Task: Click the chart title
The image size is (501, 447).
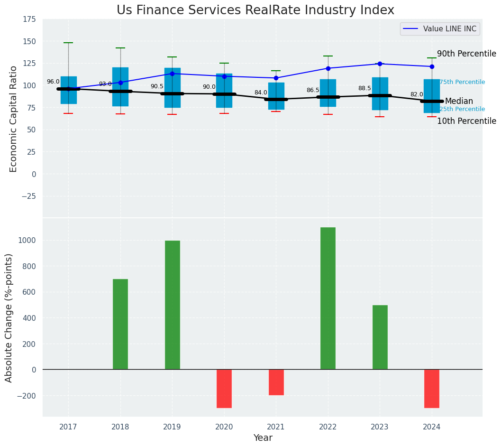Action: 255,10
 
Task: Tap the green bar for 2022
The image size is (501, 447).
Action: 328,298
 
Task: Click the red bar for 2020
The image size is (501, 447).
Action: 224,389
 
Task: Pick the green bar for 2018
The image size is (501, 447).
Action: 120,324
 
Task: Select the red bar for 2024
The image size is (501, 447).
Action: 432,389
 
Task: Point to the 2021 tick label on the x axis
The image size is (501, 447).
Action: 276,427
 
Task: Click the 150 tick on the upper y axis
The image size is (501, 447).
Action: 29,41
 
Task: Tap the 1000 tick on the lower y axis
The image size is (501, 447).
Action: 27,240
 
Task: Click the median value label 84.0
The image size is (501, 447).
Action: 261,93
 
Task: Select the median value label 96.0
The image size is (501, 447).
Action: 53,82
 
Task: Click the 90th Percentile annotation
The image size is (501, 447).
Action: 466,54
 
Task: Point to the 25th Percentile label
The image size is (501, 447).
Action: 462,109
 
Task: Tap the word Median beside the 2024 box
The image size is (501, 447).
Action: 459,101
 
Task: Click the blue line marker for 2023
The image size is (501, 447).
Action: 380,64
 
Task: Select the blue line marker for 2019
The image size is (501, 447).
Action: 172,74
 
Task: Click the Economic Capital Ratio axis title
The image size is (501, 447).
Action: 13,119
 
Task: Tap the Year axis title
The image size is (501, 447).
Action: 263,438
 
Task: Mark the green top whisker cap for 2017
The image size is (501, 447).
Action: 68,43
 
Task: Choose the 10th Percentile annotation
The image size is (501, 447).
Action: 466,121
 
